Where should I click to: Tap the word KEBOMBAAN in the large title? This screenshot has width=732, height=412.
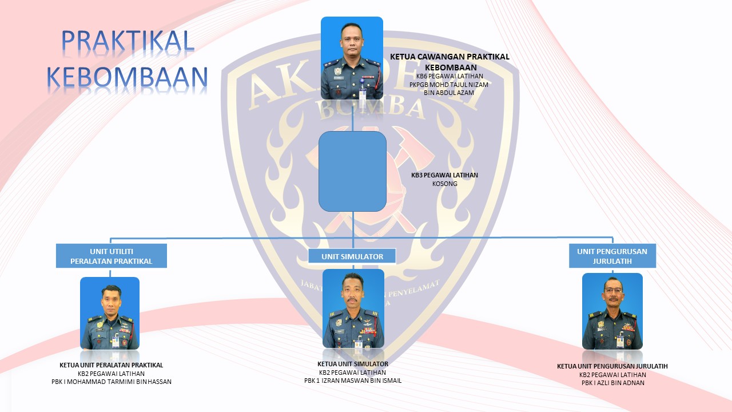(x=127, y=77)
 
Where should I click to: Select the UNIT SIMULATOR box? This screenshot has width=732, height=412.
(x=352, y=256)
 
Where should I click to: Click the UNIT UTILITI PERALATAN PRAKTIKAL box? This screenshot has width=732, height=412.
(x=112, y=256)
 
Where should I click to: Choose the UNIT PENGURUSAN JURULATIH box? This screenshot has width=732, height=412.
(x=612, y=256)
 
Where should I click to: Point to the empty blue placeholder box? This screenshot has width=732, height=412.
(x=353, y=171)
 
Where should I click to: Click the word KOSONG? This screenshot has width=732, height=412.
(x=445, y=184)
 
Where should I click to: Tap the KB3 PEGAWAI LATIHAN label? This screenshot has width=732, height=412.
(x=444, y=175)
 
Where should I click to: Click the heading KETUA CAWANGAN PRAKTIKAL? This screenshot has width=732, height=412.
(x=449, y=57)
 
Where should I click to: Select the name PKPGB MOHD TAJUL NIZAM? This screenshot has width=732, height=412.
(x=449, y=85)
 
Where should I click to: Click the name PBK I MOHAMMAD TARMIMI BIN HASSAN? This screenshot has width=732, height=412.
(x=112, y=382)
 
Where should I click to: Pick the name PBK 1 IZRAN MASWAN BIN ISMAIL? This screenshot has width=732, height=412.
(x=353, y=381)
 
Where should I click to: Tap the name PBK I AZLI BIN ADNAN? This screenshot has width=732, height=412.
(x=612, y=383)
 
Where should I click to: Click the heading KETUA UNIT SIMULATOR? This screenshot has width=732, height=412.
(x=353, y=364)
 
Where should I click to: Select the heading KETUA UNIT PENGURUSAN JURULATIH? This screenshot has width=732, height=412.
(x=612, y=366)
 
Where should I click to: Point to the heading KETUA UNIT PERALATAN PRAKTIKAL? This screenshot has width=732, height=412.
(x=111, y=365)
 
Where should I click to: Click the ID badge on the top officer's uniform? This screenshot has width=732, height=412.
(x=363, y=94)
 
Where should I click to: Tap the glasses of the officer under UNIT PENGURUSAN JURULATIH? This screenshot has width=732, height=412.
(x=613, y=290)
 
